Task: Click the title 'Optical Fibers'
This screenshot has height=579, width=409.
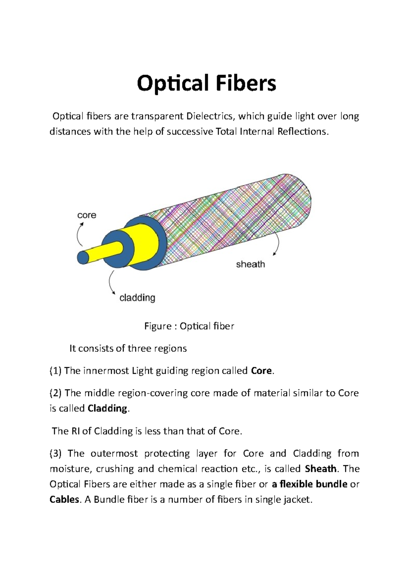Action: [x=206, y=84]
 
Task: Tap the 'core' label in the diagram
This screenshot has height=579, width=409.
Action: [x=87, y=215]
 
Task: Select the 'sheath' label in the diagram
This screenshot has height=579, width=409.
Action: [x=251, y=264]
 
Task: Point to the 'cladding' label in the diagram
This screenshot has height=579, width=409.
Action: [x=137, y=298]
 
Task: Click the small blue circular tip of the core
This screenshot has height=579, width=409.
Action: [x=82, y=257]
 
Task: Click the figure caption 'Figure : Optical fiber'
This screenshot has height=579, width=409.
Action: [x=189, y=326]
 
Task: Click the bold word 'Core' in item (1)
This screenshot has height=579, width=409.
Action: [x=261, y=371]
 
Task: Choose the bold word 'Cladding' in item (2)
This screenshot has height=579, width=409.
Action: [x=107, y=408]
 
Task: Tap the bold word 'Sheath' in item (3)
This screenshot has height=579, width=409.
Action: [x=321, y=469]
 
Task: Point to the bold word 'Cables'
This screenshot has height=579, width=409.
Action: [x=64, y=500]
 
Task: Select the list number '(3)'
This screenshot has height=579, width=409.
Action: [x=56, y=454]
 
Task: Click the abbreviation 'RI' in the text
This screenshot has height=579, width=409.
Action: [x=76, y=431]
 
